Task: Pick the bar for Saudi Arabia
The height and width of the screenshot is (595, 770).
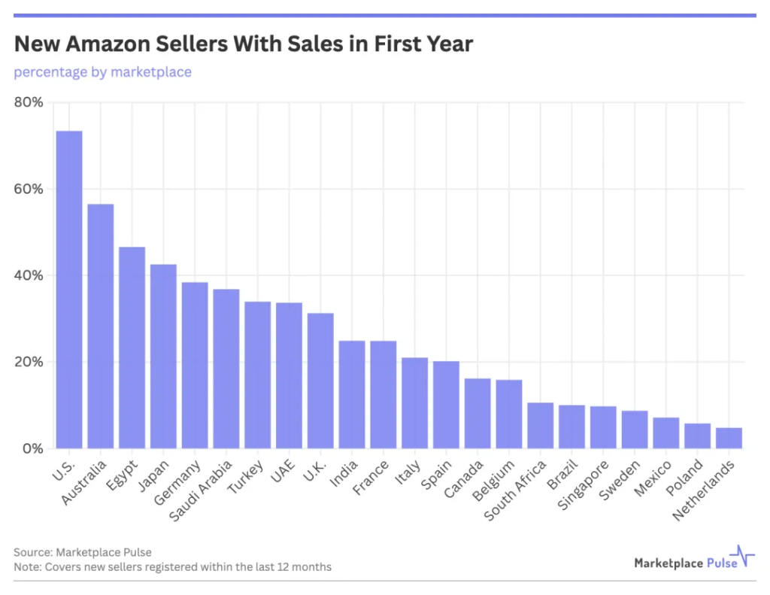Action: click(x=226, y=369)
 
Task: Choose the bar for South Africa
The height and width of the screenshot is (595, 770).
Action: click(x=540, y=426)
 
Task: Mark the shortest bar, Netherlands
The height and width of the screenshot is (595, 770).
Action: click(x=729, y=439)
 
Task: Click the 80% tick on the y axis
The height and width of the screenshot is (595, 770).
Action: click(x=29, y=102)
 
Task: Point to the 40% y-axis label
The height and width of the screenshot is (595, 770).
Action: click(x=29, y=275)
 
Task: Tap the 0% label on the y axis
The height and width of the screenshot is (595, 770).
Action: click(x=32, y=449)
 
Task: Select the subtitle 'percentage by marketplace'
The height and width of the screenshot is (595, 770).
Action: click(x=102, y=72)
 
